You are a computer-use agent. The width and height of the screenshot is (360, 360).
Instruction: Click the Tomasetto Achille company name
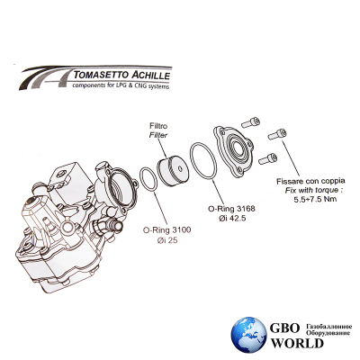[x=121, y=75]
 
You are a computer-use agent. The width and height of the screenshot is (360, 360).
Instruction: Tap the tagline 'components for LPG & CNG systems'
[x=121, y=85]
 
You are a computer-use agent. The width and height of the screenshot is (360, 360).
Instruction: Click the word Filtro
[x=158, y=126]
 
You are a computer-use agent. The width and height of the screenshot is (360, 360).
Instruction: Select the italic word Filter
[x=158, y=135]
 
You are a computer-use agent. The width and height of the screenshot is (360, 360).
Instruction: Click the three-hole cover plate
[x=233, y=150]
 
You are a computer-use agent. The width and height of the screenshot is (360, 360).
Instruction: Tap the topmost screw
[x=250, y=122]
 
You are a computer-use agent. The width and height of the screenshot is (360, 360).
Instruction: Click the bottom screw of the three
[x=267, y=158]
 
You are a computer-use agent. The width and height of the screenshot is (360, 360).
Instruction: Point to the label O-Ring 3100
[x=166, y=230]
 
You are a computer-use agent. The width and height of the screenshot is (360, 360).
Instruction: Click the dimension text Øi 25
[x=167, y=240]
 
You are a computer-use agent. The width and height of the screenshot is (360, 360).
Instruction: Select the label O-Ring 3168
[x=231, y=208]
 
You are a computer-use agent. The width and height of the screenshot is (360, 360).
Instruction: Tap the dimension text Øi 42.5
[x=232, y=218]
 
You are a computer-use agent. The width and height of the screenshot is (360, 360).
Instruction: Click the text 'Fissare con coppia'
[x=310, y=181]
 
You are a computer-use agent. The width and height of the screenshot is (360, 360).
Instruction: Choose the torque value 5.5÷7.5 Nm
[x=315, y=199]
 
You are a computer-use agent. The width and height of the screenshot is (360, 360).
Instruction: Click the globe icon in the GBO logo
[x=248, y=334]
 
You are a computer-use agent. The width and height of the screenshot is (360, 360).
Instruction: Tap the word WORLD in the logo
[x=298, y=343]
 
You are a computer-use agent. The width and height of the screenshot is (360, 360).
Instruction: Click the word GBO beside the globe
[x=284, y=328]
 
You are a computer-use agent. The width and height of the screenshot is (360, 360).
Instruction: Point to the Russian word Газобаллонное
[x=328, y=327]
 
